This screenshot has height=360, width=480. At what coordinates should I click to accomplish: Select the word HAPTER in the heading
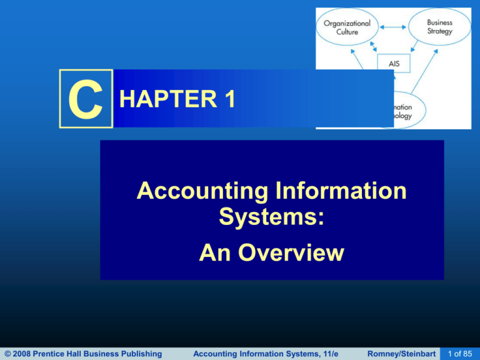(x=162, y=99)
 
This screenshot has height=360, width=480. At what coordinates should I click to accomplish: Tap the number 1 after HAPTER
(x=226, y=99)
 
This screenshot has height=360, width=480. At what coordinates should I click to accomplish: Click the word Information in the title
(x=341, y=190)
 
